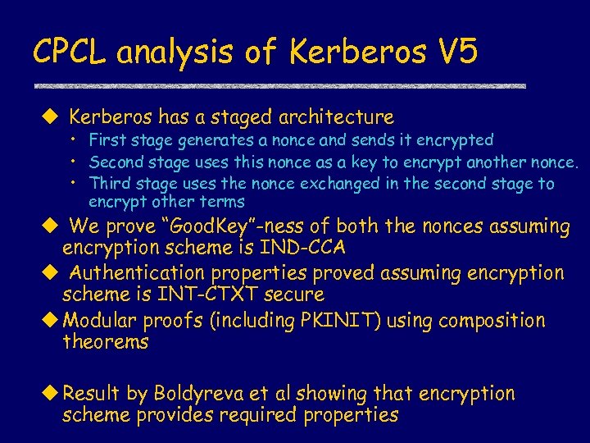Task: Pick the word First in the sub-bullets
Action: [x=106, y=141]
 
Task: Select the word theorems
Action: [x=105, y=341]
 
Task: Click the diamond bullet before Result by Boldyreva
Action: [x=52, y=394]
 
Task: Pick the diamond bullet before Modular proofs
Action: [x=52, y=320]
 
